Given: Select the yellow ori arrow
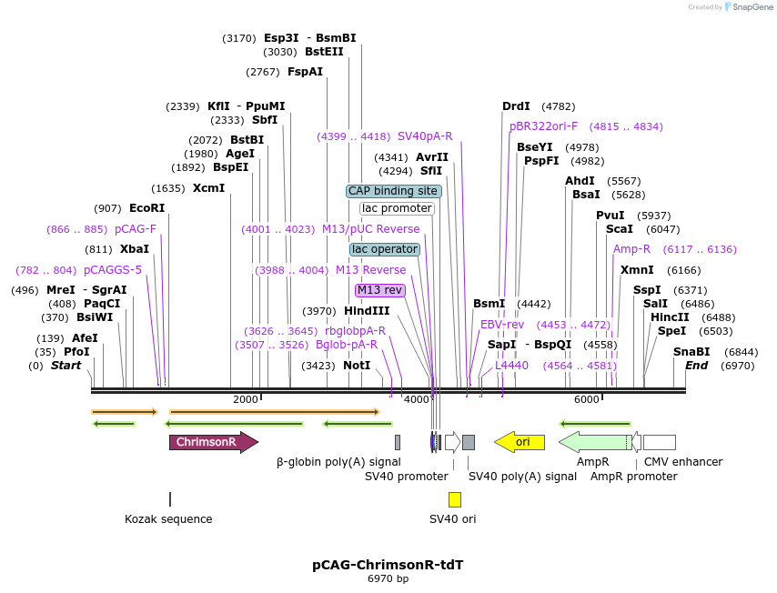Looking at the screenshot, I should pos(520,442).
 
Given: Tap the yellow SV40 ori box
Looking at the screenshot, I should pos(454,499).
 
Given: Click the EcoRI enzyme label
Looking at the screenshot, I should pos(146,208).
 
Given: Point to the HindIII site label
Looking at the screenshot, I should pos(366,311).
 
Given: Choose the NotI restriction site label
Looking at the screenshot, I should pos(357,366).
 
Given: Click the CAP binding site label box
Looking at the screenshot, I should pos(393,191).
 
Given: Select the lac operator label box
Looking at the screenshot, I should pos(385,249).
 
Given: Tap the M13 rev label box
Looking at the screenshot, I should pos(379,290).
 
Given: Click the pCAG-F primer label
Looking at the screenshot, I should pos(136,229).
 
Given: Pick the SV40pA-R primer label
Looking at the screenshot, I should pos(425,136).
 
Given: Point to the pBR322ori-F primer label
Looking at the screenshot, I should pos(543,126).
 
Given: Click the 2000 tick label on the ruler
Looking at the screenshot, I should pos(246,399).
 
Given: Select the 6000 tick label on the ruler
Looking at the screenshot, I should pos(587,399).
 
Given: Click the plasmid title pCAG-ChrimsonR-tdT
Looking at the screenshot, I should pos(388,565).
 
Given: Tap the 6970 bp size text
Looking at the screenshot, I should pos(388,578).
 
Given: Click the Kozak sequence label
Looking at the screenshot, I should pos(168,519).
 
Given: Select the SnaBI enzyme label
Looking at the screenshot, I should pos(691,352).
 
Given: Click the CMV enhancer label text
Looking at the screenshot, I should pos(683,462).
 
